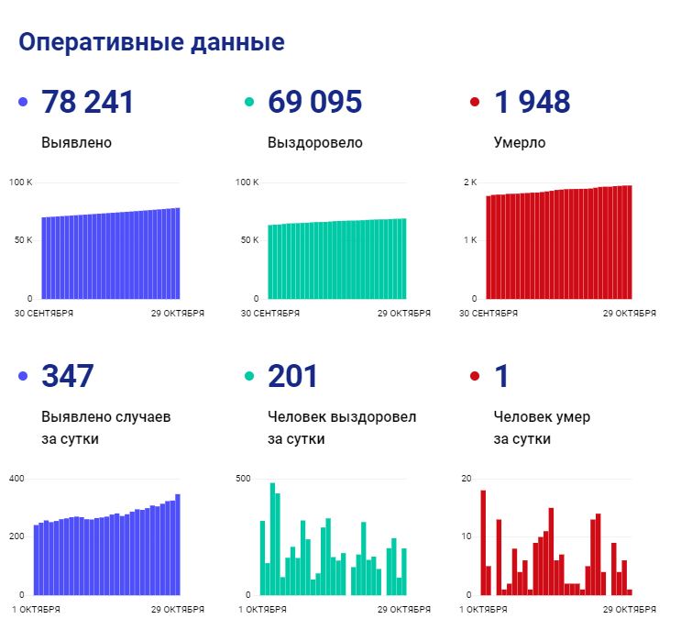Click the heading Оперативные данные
[x=151, y=43]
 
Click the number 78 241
[x=88, y=102]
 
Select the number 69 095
[x=314, y=102]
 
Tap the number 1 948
[x=532, y=102]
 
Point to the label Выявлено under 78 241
[x=76, y=143]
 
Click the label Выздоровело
[x=314, y=143]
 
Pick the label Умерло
[x=519, y=143]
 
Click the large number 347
[x=68, y=376]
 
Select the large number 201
[x=292, y=376]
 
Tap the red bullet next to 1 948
[x=475, y=102]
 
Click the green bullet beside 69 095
[x=249, y=102]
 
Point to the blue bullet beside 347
[x=23, y=376]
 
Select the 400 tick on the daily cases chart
[x=16, y=479]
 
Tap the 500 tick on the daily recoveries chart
[x=243, y=479]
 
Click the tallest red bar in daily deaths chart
[x=482, y=542]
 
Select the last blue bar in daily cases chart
[x=178, y=545]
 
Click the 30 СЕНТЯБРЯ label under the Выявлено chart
[x=44, y=313]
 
